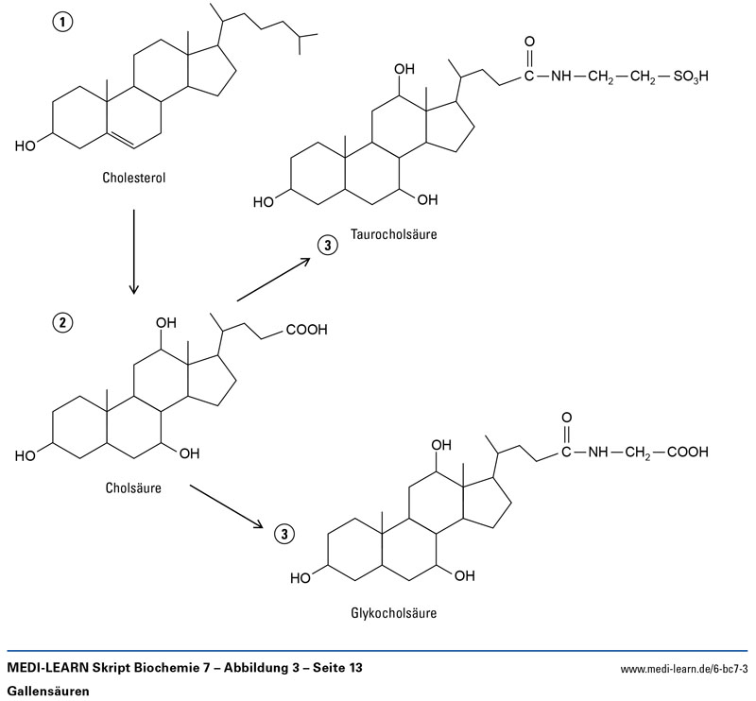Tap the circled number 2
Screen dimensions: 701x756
tap(61, 322)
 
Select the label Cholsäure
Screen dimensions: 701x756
tap(136, 488)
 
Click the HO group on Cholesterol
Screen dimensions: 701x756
tap(26, 146)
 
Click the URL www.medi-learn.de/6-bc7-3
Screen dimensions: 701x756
tap(683, 669)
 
